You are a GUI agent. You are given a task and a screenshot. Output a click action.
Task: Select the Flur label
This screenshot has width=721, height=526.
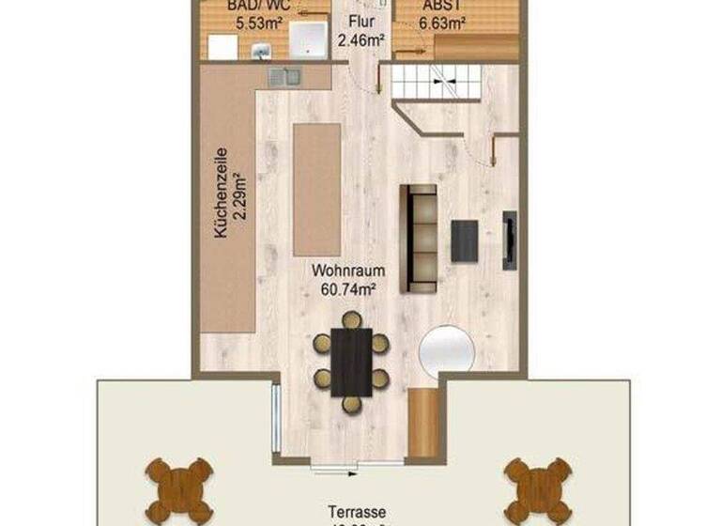(361, 20)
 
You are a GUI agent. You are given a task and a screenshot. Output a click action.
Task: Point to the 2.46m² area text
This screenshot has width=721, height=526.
(361, 39)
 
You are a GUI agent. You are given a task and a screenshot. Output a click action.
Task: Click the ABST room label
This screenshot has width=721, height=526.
(446, 5)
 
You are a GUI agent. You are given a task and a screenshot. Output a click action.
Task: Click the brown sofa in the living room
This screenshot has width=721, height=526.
(419, 237)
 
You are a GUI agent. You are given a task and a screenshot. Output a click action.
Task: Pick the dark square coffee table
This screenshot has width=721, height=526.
(466, 240)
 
